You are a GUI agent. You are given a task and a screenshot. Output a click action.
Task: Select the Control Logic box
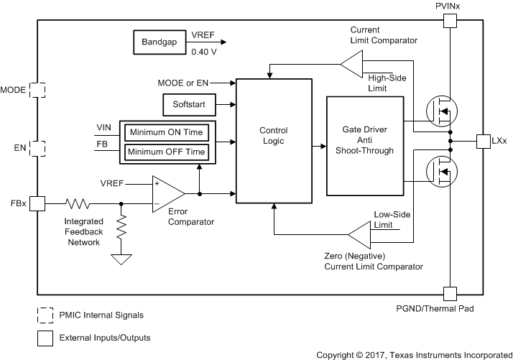pyautogui.click(x=274, y=137)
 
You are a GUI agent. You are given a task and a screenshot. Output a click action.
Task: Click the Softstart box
pyautogui.click(x=188, y=105)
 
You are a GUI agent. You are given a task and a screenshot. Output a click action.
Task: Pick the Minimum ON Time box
pyautogui.click(x=167, y=133)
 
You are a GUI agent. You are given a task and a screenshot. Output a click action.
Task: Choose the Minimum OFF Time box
pyautogui.click(x=167, y=152)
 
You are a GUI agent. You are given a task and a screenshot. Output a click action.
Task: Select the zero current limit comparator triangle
pyautogui.click(x=359, y=235)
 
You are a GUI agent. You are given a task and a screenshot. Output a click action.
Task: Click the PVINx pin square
pyautogui.click(x=449, y=21)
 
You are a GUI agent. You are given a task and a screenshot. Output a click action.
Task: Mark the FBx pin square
pyautogui.click(x=37, y=203)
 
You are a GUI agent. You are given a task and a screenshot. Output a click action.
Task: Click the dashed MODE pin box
pyautogui.click(x=37, y=90)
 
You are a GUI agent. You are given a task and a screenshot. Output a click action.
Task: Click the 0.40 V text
pyautogui.click(x=204, y=52)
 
